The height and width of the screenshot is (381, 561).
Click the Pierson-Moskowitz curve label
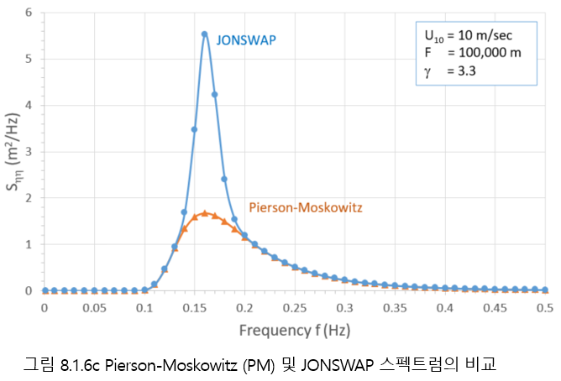[x=300, y=207]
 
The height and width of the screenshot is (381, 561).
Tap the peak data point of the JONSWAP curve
[x=204, y=34]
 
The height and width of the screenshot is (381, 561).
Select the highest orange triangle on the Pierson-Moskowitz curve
[x=204, y=213]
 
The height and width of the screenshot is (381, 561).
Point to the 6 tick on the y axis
[x=29, y=13]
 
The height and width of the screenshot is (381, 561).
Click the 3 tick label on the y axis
[x=29, y=152]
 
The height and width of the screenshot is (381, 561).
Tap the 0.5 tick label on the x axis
[x=544, y=308]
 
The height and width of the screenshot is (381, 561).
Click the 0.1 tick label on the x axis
[x=144, y=308]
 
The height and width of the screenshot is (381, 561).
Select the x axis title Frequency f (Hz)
[x=295, y=330]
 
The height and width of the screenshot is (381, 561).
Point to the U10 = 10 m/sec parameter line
[x=464, y=36]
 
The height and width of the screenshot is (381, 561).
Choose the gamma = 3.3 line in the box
[x=449, y=70]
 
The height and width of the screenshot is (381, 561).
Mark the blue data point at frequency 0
[x=45, y=290]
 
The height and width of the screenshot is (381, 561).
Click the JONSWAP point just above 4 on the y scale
[x=214, y=94]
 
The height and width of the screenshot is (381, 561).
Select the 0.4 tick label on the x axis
[x=444, y=308]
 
